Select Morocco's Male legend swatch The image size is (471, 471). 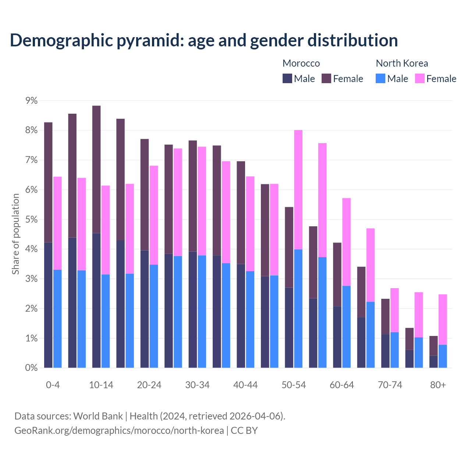coord(287,78)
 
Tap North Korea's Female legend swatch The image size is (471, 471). coord(419,78)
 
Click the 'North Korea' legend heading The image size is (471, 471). coord(402,63)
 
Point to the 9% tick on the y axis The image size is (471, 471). coord(31,100)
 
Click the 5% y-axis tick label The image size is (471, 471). coord(31,220)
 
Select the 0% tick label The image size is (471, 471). coord(31,368)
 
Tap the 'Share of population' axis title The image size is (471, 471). coord(15,234)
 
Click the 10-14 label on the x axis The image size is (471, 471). coord(101,385)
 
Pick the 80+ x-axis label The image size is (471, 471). coord(438,385)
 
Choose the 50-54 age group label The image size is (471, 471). coord(294,385)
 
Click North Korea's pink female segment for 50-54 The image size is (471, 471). coord(298,190)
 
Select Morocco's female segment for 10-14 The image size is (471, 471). coord(96,169)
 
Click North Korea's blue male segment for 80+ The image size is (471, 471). coord(443,356)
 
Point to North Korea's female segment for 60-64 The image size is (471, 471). coord(346,242)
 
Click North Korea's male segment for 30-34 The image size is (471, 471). coord(202,311)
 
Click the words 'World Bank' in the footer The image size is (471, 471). coord(98,416)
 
